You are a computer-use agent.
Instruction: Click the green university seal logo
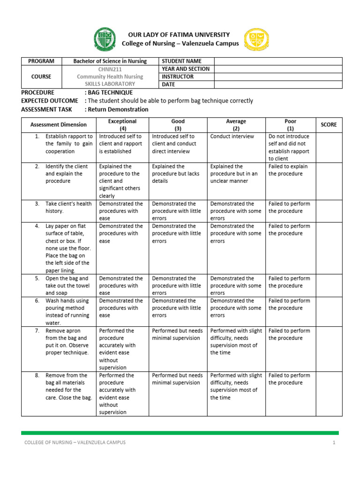(x=104, y=39)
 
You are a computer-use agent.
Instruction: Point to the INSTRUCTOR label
(x=178, y=76)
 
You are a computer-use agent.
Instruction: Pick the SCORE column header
(x=329, y=125)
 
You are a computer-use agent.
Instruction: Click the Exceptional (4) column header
(x=123, y=125)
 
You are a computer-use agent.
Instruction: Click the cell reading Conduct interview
(x=232, y=136)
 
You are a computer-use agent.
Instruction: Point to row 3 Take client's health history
(x=68, y=207)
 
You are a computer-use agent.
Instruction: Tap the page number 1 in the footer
(x=334, y=442)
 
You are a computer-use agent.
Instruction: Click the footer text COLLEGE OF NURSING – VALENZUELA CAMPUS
(x=75, y=442)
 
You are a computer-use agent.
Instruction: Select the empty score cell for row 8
(x=329, y=394)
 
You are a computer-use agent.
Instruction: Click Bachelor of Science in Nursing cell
(x=110, y=61)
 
